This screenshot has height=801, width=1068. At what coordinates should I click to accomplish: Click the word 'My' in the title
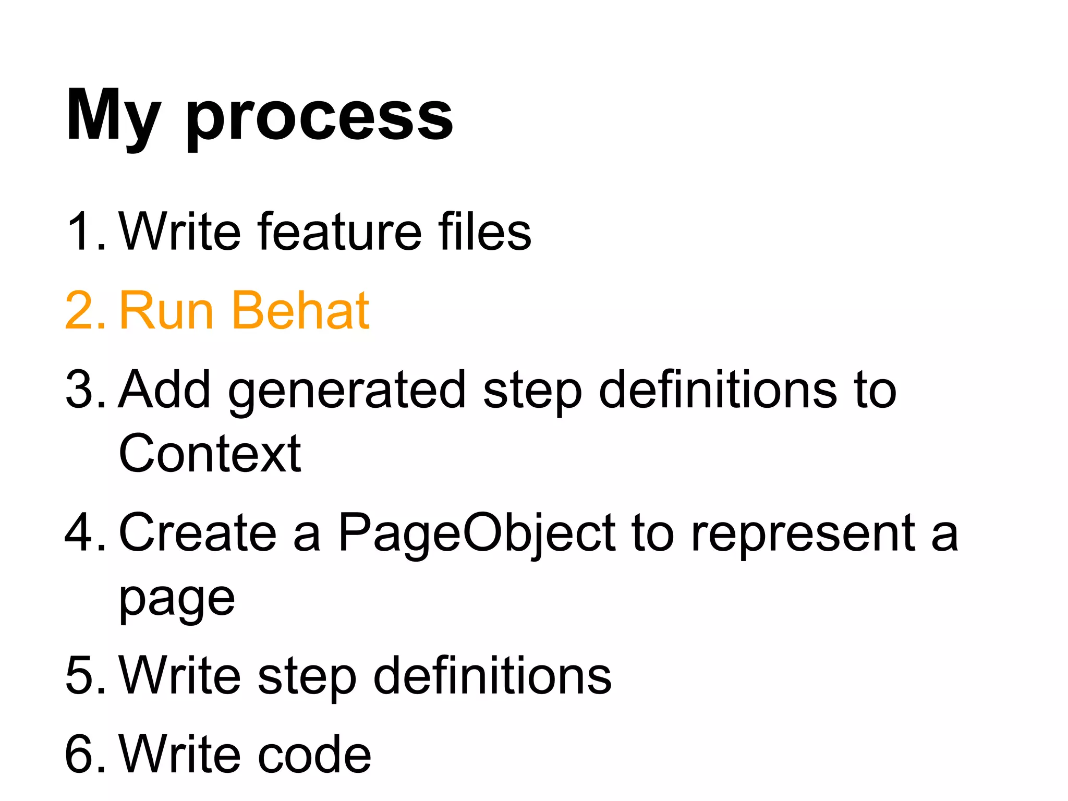click(x=112, y=116)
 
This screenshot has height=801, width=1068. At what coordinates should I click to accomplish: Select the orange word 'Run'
click(x=166, y=310)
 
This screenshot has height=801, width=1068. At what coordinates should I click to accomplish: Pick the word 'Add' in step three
click(x=165, y=390)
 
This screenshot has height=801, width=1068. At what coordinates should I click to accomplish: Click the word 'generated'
click(x=346, y=391)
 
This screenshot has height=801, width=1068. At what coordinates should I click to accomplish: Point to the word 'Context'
click(x=210, y=454)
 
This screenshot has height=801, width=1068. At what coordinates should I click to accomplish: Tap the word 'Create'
click(x=198, y=532)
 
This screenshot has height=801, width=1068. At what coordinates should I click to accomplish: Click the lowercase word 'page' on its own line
click(x=177, y=600)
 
